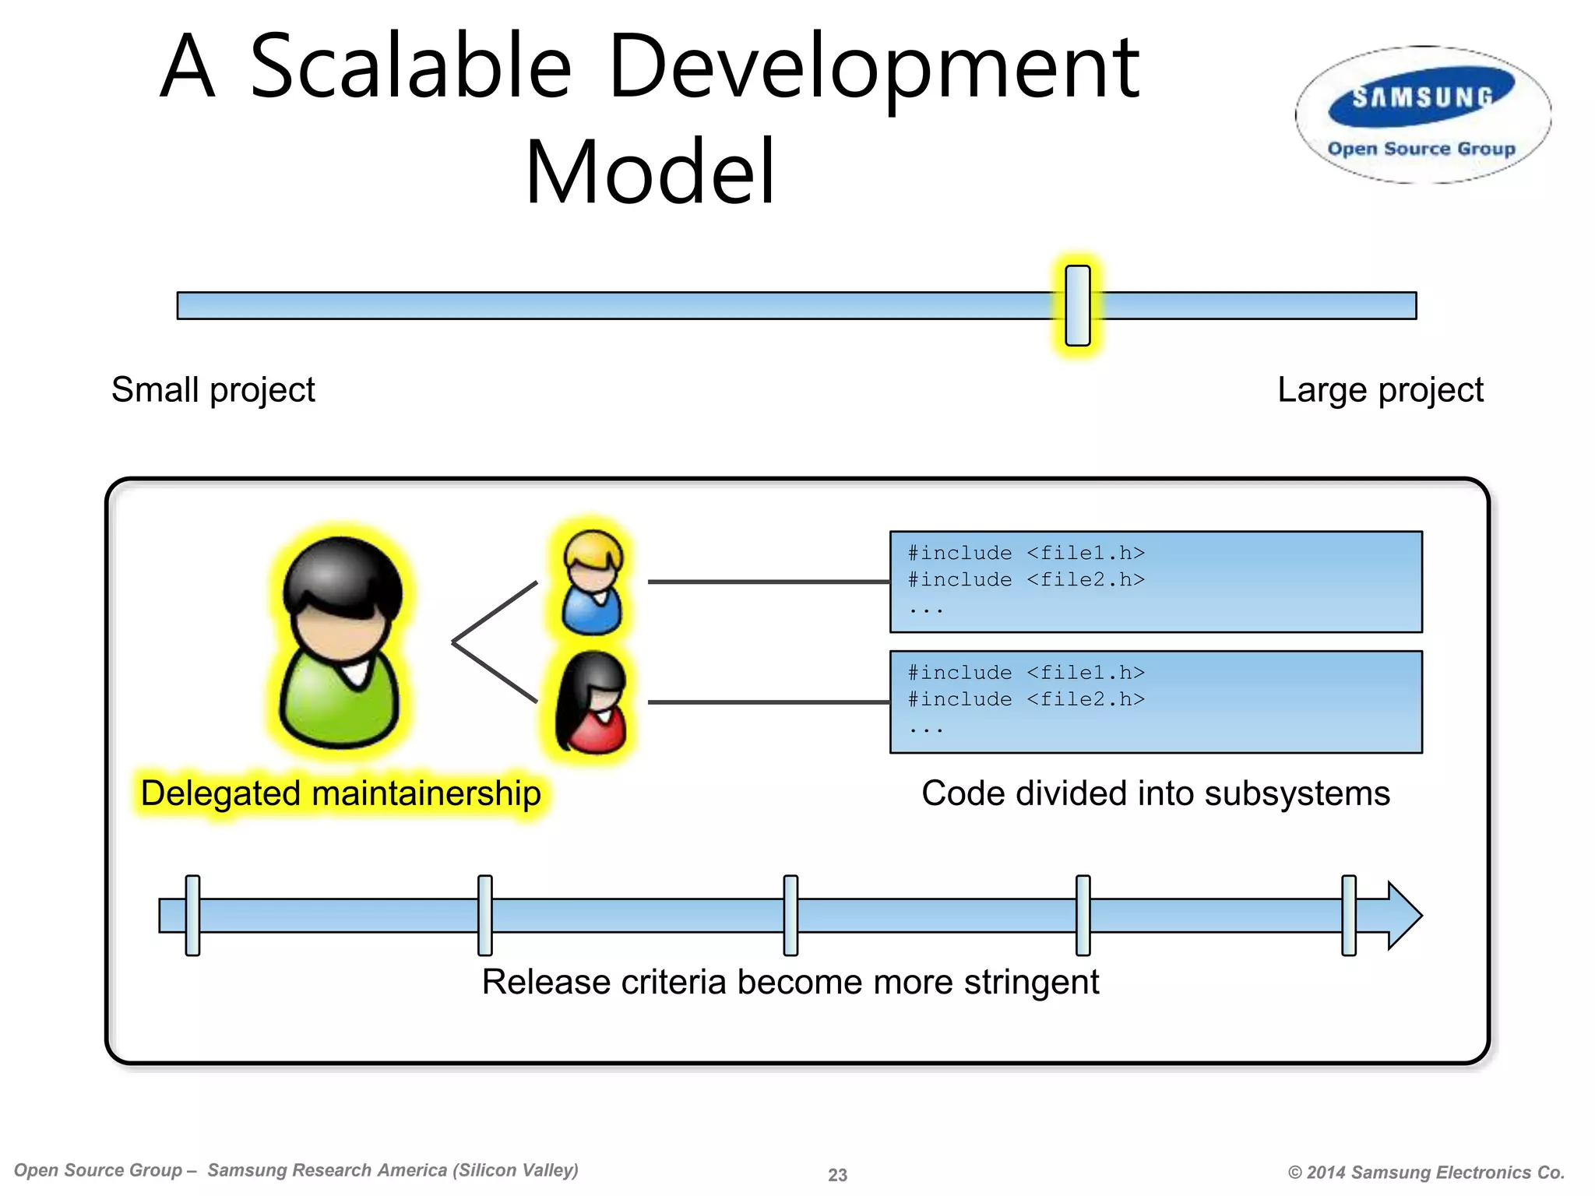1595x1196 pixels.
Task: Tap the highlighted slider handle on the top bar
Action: pos(1078,305)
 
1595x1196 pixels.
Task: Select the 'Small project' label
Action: pos(213,389)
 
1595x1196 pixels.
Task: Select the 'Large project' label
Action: pos(1380,389)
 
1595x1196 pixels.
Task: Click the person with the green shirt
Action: pos(340,642)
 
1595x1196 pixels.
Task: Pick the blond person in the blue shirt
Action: pos(593,582)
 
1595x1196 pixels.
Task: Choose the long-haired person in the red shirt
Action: pos(591,703)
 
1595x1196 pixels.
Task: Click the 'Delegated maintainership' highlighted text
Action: pos(340,793)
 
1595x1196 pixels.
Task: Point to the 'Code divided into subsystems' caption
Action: pos(1155,793)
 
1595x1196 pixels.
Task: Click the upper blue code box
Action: pos(1155,582)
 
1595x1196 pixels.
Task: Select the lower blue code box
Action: pos(1155,702)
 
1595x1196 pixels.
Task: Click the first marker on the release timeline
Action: pos(192,915)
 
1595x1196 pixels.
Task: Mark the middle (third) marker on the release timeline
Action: pos(790,915)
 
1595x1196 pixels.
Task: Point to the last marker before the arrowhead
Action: pos(1349,915)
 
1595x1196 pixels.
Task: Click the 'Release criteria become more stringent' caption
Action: pos(790,982)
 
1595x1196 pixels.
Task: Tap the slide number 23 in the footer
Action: pos(837,1175)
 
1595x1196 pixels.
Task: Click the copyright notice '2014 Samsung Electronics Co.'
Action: pos(1426,1173)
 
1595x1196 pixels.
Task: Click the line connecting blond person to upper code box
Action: pos(768,582)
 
